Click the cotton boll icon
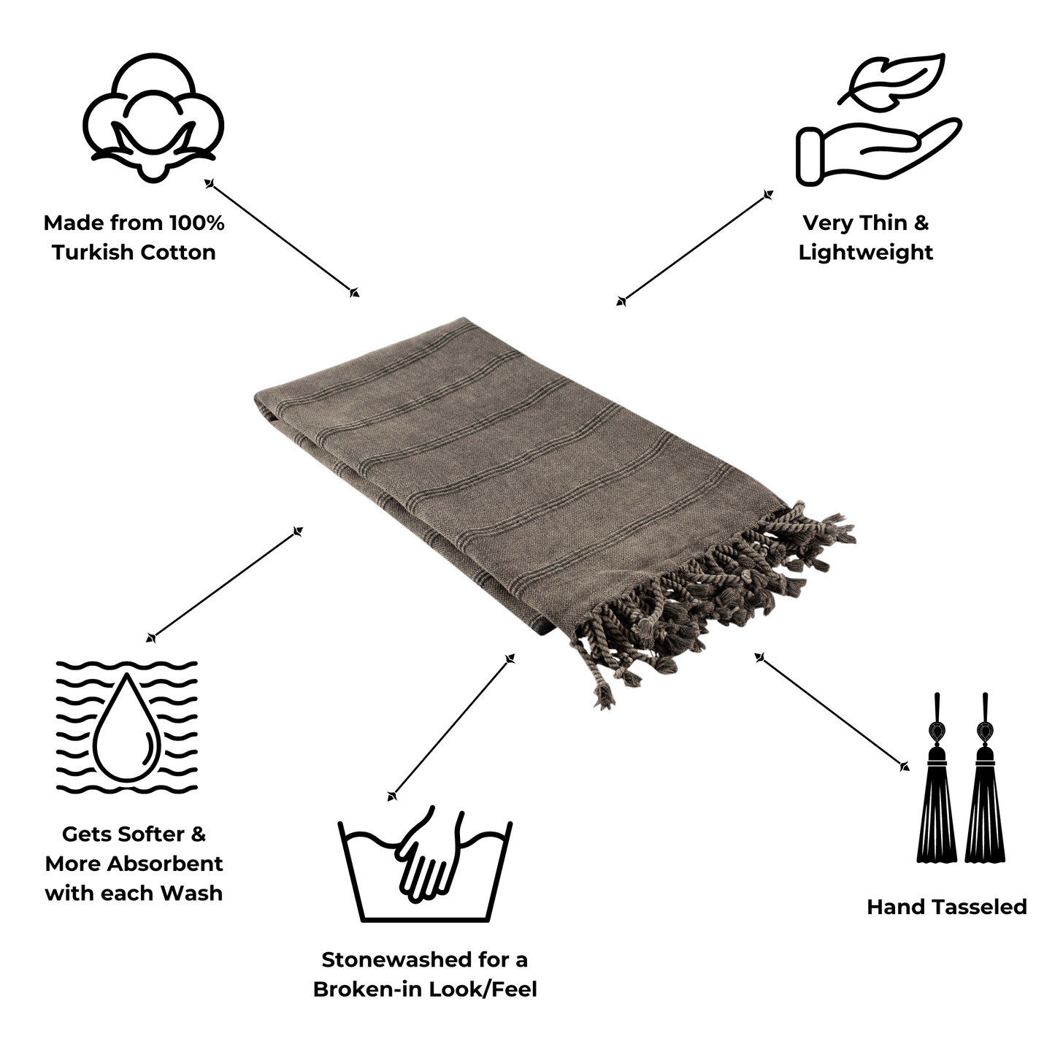point(153,117)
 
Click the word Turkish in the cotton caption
point(93,253)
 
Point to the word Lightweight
point(865,253)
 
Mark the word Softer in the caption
point(145,835)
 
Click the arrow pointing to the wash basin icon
point(450,726)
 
